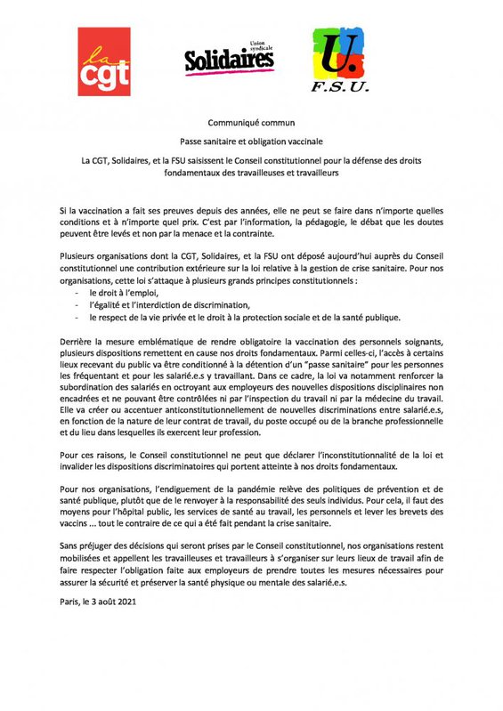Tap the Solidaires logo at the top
pos(229,60)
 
